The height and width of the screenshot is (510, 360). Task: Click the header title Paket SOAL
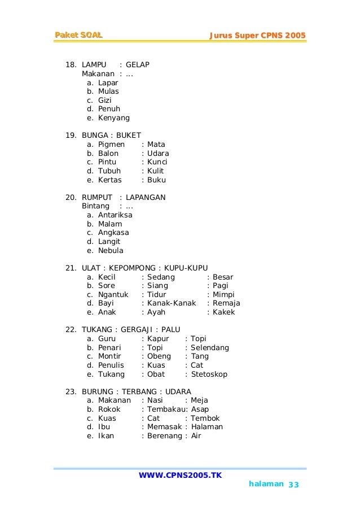pyautogui.click(x=78, y=36)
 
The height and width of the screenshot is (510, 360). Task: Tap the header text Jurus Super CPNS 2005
pyautogui.click(x=257, y=36)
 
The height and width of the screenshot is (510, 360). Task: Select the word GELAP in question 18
pyautogui.click(x=138, y=65)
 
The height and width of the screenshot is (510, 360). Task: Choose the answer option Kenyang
pyautogui.click(x=114, y=118)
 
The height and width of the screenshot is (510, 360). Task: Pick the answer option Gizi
pyautogui.click(x=105, y=101)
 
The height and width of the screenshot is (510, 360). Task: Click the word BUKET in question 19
pyautogui.click(x=129, y=136)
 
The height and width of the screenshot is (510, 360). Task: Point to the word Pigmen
pyautogui.click(x=111, y=145)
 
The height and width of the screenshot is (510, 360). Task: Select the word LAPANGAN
pyautogui.click(x=146, y=198)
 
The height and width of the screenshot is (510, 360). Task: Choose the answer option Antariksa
pyautogui.click(x=116, y=215)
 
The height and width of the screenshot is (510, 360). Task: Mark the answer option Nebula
pyautogui.click(x=111, y=251)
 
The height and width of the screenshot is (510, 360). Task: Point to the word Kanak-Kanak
pyautogui.click(x=172, y=303)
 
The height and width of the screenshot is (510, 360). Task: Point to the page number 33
pyautogui.click(x=293, y=485)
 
